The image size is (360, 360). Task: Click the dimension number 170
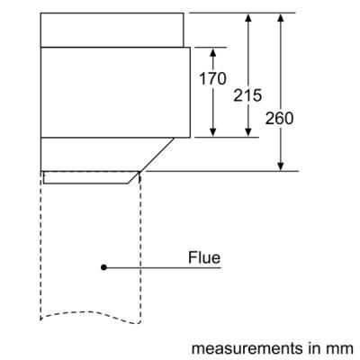coord(212,78)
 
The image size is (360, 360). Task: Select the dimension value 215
coord(247,95)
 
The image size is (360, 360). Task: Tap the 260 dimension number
coord(279,118)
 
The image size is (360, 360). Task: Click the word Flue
coord(204,257)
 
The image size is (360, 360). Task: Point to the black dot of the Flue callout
coord(103,267)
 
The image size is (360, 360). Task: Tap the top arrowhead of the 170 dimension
coord(213,53)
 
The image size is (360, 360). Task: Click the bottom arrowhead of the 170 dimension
coord(213,132)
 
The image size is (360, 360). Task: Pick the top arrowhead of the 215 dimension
coord(247,18)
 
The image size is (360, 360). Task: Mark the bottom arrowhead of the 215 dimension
coord(247,132)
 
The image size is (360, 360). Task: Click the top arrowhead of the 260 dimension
coord(281,18)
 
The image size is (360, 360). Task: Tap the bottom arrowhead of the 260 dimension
coord(281,166)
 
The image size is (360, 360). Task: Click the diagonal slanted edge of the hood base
coord(157,155)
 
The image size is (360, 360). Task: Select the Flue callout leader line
coord(162,267)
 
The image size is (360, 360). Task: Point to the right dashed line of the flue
coord(140,247)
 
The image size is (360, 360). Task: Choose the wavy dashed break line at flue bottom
coord(90,318)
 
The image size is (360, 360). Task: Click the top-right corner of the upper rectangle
coord(184,13)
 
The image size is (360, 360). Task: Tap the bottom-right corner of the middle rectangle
coord(190,138)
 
